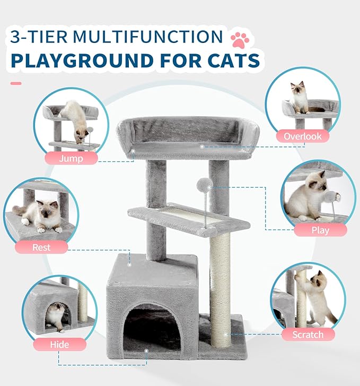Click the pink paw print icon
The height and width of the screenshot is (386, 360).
(239, 39)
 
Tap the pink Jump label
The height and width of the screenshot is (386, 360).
(71, 158)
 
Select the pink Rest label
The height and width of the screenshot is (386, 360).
(42, 247)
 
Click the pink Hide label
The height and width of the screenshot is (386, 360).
(59, 344)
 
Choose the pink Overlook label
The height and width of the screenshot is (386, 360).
(302, 136)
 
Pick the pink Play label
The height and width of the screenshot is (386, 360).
(320, 230)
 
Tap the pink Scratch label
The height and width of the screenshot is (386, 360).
(308, 334)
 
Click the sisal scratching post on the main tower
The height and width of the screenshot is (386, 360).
(221, 286)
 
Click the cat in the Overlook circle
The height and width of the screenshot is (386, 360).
(300, 98)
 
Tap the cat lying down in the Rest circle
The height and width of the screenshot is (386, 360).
(43, 216)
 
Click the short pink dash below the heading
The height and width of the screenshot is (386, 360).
(16, 83)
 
